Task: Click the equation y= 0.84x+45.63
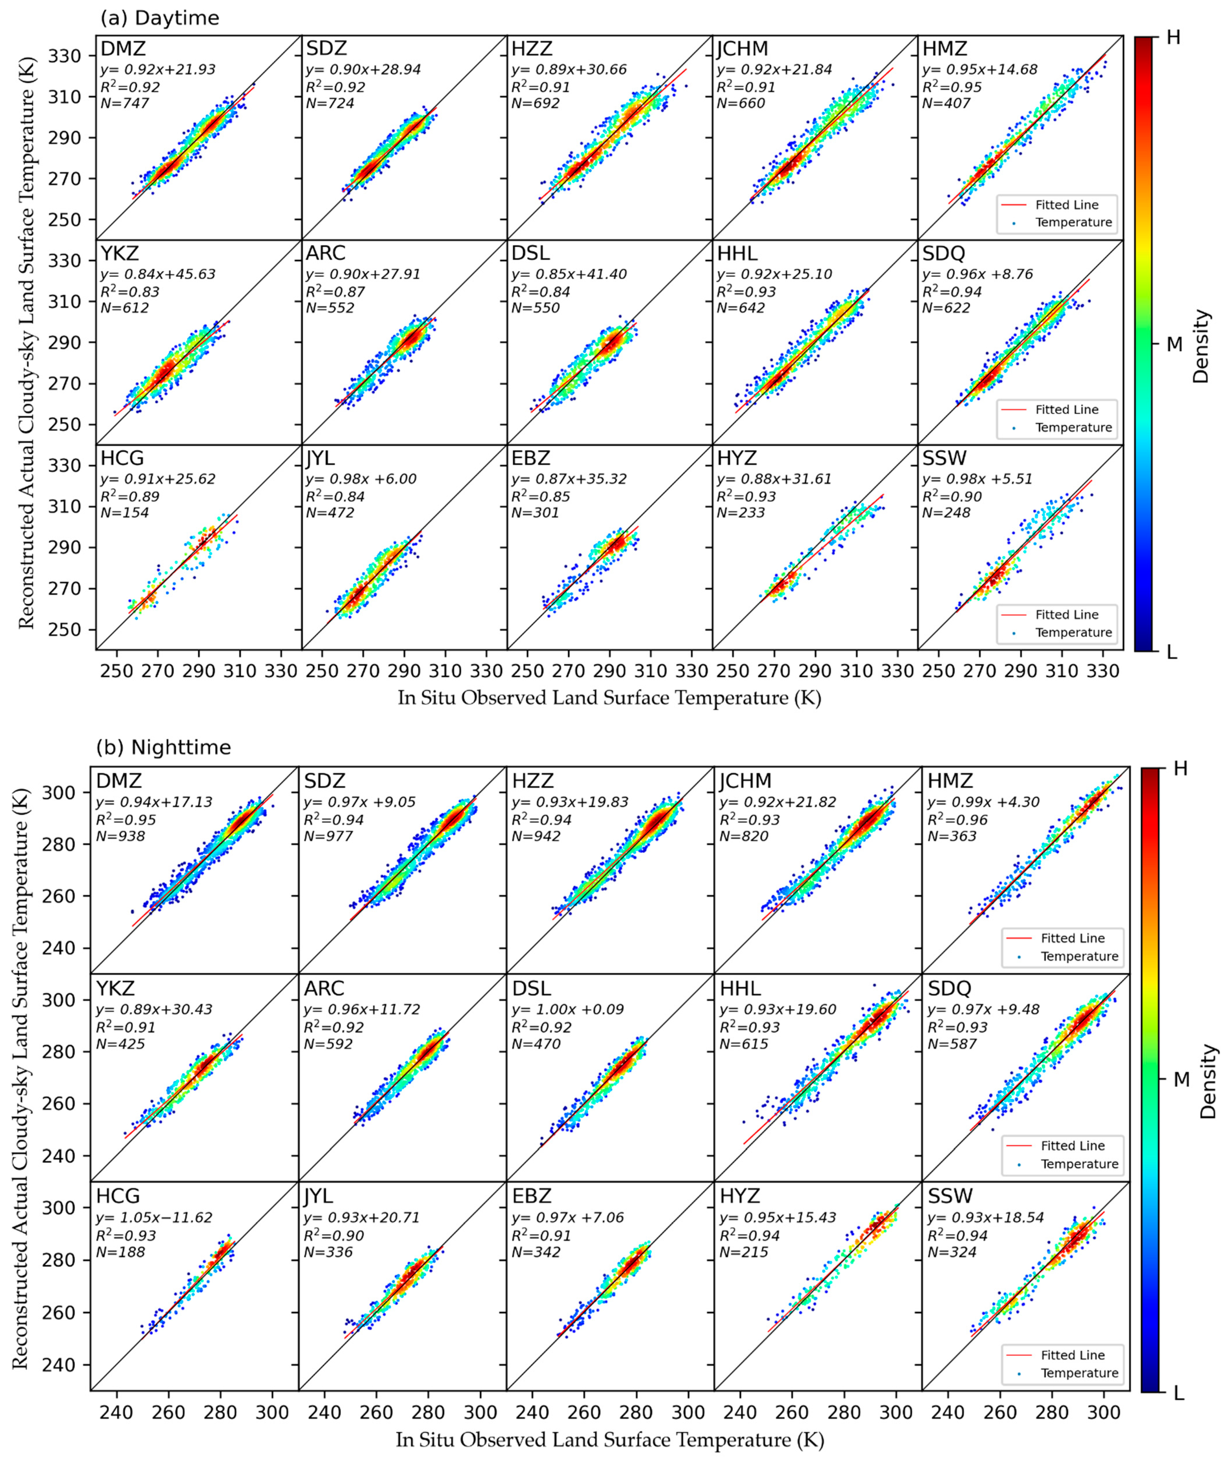158,274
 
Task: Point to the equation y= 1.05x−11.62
154,1218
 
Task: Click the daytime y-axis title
26,342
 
